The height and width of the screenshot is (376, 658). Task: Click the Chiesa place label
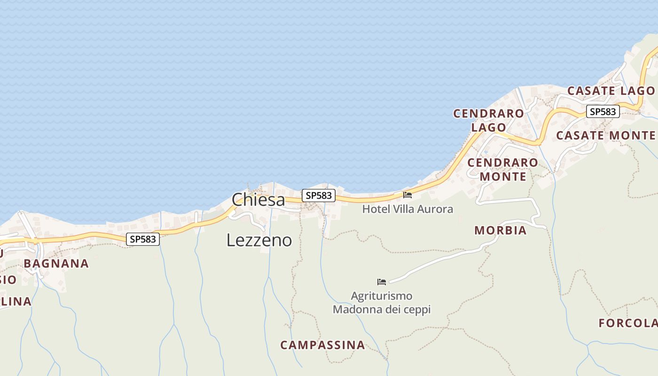[258, 200]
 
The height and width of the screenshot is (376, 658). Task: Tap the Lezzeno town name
[259, 240]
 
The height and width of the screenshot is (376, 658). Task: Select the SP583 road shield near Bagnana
[143, 239]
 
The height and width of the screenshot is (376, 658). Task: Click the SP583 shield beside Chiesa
[319, 196]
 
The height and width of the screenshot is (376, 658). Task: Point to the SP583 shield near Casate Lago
[603, 111]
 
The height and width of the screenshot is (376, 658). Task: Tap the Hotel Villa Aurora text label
[407, 209]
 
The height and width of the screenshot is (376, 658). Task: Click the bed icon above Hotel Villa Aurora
[407, 195]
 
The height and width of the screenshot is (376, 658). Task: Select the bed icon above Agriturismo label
[382, 282]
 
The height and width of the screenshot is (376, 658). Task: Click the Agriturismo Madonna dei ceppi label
[382, 303]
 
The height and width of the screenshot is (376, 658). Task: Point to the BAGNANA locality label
[56, 264]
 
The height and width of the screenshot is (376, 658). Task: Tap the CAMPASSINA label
[322, 345]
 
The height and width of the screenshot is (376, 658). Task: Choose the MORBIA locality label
[500, 230]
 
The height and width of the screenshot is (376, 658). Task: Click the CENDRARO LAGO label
[488, 120]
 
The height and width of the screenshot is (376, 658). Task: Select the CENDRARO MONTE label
[503, 170]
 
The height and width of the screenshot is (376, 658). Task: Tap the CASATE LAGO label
[611, 91]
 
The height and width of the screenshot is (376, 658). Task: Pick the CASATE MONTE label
[605, 135]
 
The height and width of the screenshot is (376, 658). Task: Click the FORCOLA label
[628, 323]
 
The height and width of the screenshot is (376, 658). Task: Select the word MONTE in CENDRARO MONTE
[503, 177]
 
